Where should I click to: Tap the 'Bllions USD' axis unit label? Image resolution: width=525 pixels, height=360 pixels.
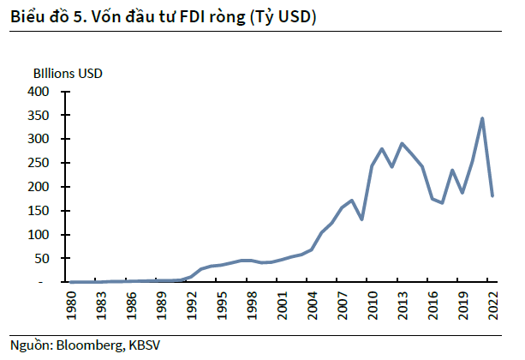click(x=68, y=74)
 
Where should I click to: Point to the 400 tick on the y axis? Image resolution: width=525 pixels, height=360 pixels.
click(x=39, y=91)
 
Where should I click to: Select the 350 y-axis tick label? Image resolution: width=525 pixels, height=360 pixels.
click(x=39, y=115)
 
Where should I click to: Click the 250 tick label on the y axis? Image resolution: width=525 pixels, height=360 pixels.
click(x=39, y=163)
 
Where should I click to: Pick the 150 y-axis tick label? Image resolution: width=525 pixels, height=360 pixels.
click(x=39, y=211)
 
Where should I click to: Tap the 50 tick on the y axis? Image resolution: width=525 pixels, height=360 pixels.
click(x=43, y=258)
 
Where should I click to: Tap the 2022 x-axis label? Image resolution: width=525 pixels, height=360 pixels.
click(x=493, y=305)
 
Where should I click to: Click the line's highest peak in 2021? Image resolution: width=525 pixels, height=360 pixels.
click(x=483, y=118)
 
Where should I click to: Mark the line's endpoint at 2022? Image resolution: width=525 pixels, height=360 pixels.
click(x=492, y=195)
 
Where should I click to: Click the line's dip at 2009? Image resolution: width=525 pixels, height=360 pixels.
click(x=361, y=219)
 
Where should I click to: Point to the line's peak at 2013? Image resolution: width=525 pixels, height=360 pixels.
click(x=402, y=143)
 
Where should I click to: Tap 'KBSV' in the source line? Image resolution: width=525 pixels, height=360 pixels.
click(x=145, y=345)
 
